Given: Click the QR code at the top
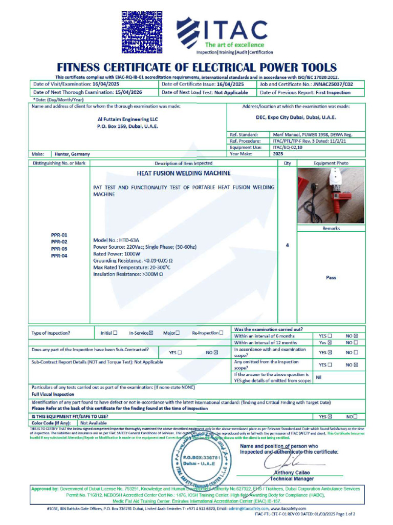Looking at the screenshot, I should point(141,32).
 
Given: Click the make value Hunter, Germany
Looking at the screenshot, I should point(72,154).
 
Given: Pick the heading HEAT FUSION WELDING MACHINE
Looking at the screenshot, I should point(183,173).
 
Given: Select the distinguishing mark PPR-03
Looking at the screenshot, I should point(59,249).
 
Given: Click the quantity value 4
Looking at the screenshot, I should point(287,246).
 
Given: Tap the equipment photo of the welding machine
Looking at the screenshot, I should point(331,195).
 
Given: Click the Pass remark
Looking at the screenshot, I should point(331,277).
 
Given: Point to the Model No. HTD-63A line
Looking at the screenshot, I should point(116,240).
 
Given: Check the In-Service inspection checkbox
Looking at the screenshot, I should point(151,333).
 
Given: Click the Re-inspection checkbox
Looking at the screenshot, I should point(221,333).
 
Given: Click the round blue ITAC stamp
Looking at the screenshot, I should point(201,461).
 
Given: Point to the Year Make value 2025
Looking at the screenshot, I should point(278,153).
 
